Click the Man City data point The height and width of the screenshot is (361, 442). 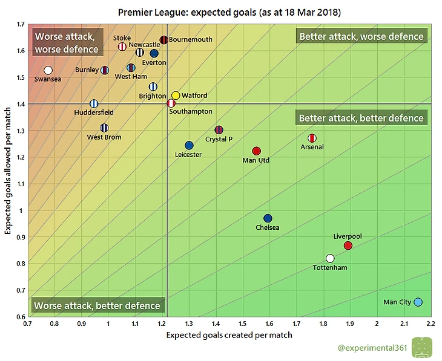[418, 302]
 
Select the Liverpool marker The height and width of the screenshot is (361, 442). [348, 246]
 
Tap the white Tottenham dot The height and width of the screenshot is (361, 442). [330, 258]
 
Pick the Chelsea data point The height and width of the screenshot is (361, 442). [268, 218]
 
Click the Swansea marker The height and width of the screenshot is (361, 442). [48, 70]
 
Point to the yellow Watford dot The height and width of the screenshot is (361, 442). [176, 96]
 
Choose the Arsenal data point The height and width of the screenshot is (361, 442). [312, 138]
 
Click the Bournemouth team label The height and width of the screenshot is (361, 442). [190, 40]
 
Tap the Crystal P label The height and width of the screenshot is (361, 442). [219, 140]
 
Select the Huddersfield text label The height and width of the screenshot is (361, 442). [94, 112]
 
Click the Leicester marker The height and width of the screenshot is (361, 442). [189, 146]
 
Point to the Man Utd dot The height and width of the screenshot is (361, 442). [256, 151]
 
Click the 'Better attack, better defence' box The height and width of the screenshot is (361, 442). [361, 119]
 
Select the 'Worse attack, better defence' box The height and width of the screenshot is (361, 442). [97, 306]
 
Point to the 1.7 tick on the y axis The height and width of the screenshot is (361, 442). [21, 24]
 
